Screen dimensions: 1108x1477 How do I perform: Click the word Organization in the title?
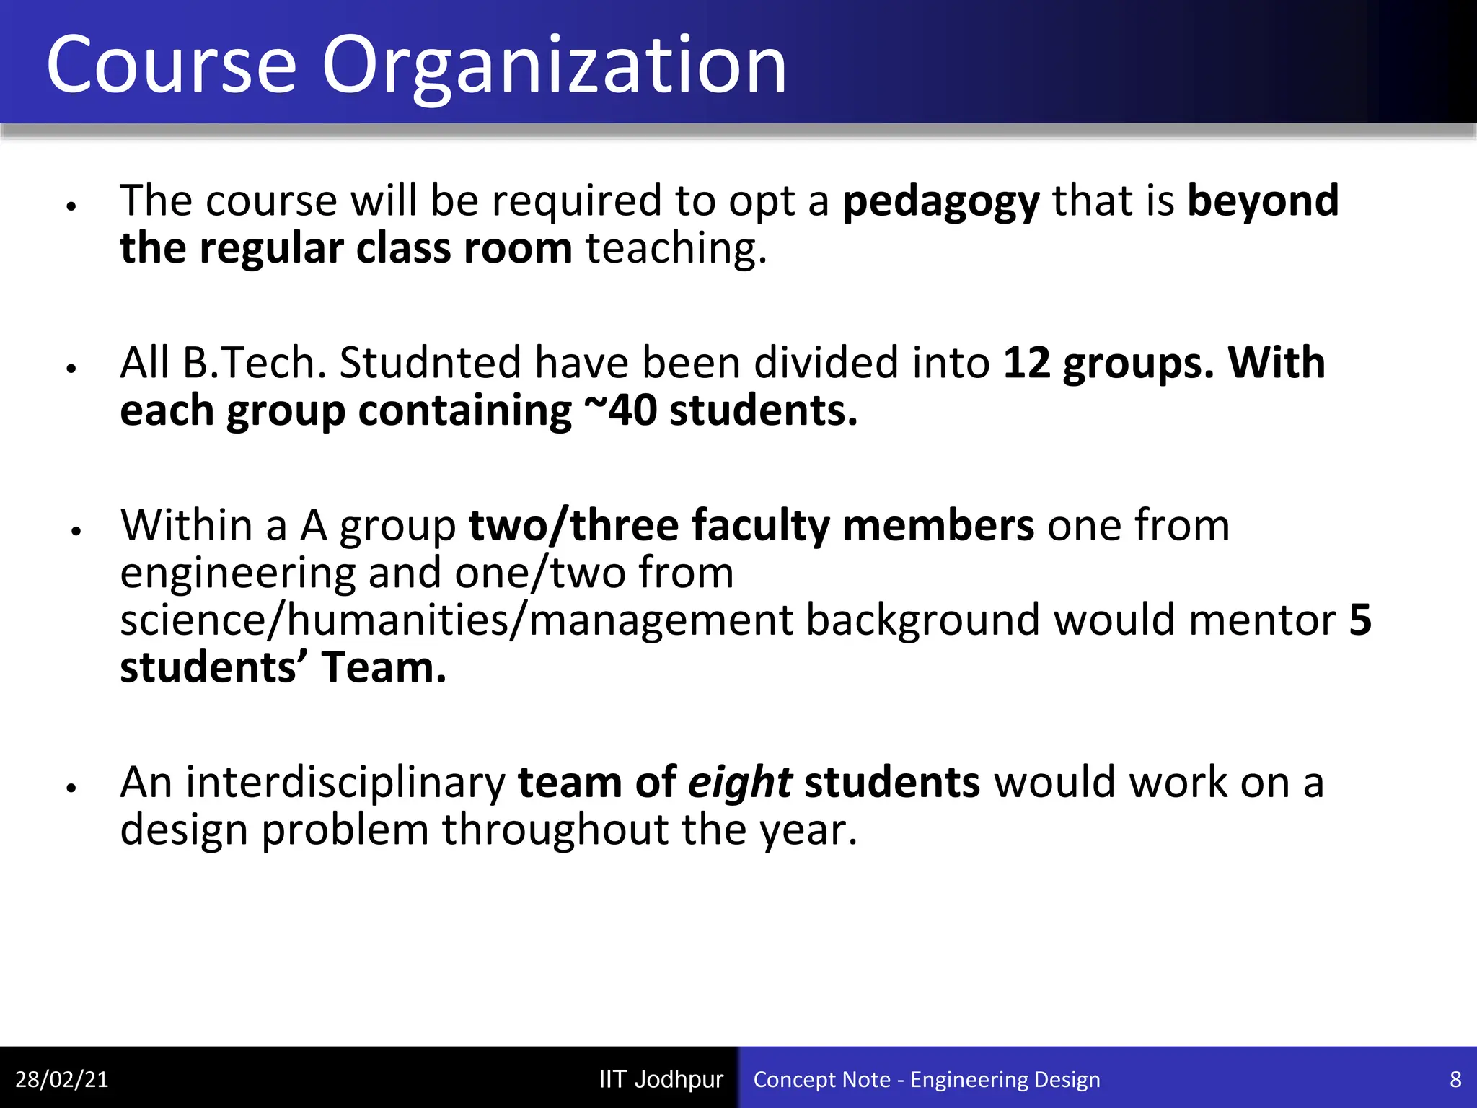click(554, 66)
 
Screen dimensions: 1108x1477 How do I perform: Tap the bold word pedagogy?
click(941, 202)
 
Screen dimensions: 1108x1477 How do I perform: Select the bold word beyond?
click(1263, 201)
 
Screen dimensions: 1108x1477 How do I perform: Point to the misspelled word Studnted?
click(430, 363)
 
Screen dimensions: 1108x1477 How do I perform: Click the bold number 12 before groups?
click(1026, 363)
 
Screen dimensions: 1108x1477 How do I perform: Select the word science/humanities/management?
click(457, 621)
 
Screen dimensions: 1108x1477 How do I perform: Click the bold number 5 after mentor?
click(1360, 620)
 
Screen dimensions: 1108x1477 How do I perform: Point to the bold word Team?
click(384, 668)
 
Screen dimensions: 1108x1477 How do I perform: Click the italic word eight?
click(740, 783)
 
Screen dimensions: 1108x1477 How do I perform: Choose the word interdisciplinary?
click(345, 783)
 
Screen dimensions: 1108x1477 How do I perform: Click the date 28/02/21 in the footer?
click(61, 1079)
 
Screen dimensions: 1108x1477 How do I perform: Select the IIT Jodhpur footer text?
click(661, 1079)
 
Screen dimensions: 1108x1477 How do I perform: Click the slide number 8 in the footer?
click(1455, 1079)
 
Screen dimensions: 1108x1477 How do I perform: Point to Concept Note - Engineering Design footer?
click(927, 1079)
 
